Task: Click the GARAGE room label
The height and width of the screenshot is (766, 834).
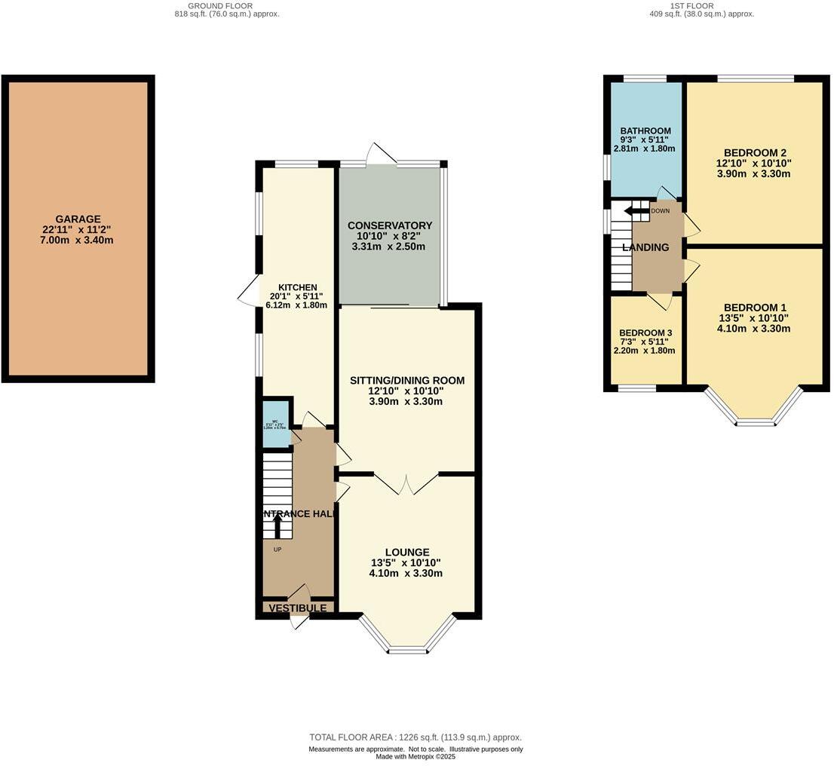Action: click(x=78, y=219)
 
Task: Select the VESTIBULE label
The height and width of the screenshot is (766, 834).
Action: click(x=298, y=608)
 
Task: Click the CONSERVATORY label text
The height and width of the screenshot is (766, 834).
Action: click(x=389, y=225)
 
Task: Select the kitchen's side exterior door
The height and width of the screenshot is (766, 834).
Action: click(x=249, y=290)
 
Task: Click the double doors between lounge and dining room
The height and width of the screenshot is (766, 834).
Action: click(x=406, y=483)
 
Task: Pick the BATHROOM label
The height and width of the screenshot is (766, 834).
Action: click(x=645, y=130)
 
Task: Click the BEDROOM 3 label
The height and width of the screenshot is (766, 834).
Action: click(x=645, y=332)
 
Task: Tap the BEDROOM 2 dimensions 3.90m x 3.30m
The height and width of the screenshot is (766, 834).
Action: click(x=753, y=174)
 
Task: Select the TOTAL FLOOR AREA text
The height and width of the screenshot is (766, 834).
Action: click(x=415, y=737)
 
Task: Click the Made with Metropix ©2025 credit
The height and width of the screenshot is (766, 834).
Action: click(x=415, y=757)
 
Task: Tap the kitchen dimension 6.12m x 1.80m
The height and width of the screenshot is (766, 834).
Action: click(x=296, y=305)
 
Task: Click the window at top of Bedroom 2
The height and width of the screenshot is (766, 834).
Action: click(x=755, y=78)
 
